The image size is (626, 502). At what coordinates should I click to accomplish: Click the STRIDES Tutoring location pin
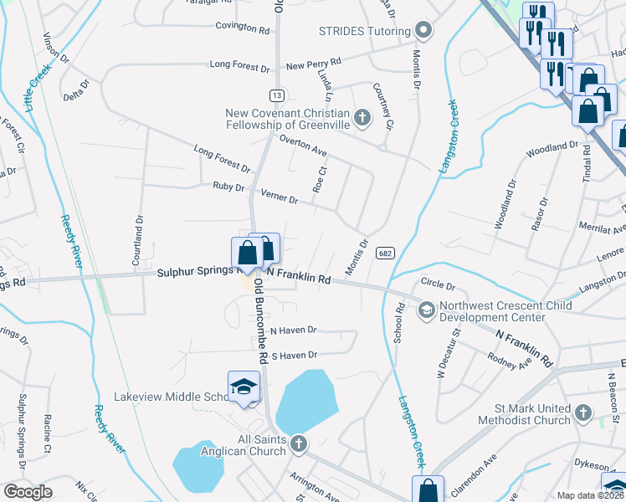424,31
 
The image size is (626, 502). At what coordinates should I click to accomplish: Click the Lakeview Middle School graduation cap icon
244,387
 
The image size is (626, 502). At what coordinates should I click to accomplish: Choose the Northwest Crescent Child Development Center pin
426,310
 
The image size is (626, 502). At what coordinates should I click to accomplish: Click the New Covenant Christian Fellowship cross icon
362,117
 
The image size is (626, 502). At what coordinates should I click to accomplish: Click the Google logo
27,492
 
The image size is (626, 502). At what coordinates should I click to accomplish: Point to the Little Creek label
34,93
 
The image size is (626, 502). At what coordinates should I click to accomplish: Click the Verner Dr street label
279,198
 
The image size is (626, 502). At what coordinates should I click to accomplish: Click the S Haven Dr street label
293,355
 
